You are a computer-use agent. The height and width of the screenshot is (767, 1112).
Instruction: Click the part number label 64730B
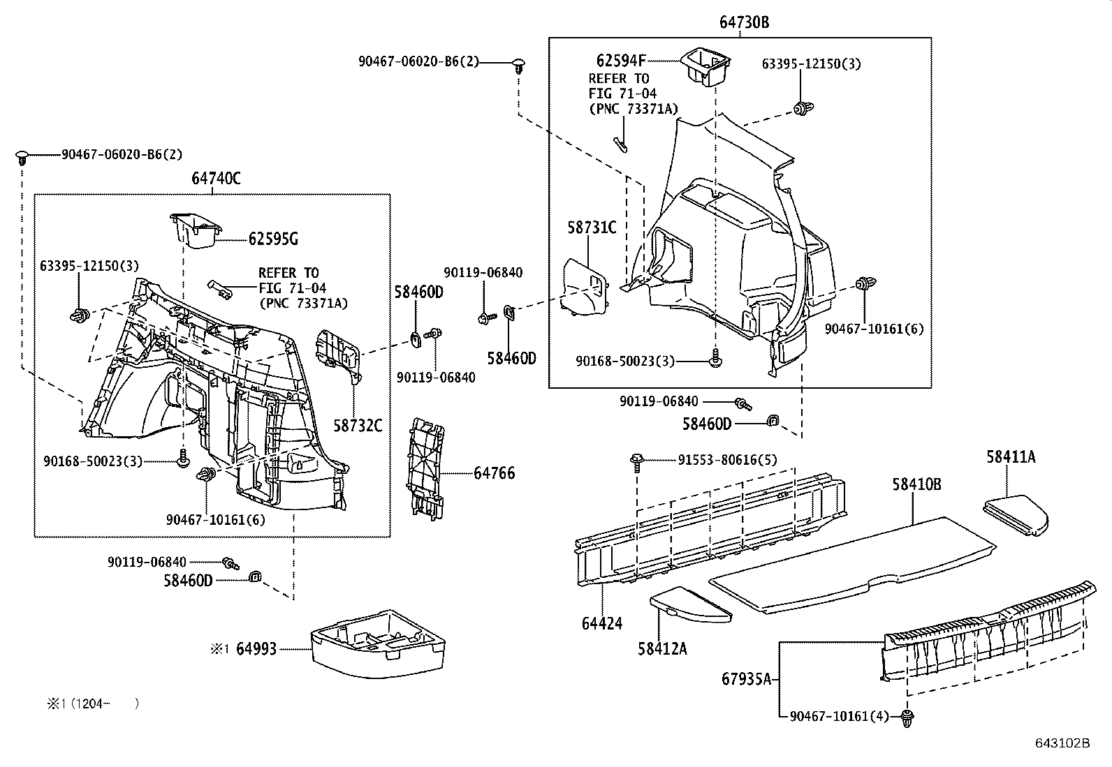[744, 22]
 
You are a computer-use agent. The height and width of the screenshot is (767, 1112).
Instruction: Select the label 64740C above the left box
[216, 179]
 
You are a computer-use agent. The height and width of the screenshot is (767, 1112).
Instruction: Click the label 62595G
[273, 239]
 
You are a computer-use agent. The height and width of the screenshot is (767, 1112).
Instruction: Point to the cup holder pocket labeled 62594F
[705, 66]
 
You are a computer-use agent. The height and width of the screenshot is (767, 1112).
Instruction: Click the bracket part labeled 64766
[427, 468]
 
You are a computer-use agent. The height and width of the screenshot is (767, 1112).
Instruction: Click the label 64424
[601, 623]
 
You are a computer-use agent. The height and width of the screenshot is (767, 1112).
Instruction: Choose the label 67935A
[746, 678]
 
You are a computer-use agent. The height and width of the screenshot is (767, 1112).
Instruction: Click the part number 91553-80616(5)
[727, 460]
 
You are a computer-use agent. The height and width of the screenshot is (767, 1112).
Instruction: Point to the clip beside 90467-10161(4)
[907, 717]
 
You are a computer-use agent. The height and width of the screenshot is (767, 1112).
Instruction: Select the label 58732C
[358, 425]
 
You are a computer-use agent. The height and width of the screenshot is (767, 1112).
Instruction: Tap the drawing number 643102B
[1062, 743]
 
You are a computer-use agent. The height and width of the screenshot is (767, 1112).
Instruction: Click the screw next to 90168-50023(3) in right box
[715, 360]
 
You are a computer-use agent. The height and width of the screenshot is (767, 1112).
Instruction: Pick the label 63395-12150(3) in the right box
[811, 64]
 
